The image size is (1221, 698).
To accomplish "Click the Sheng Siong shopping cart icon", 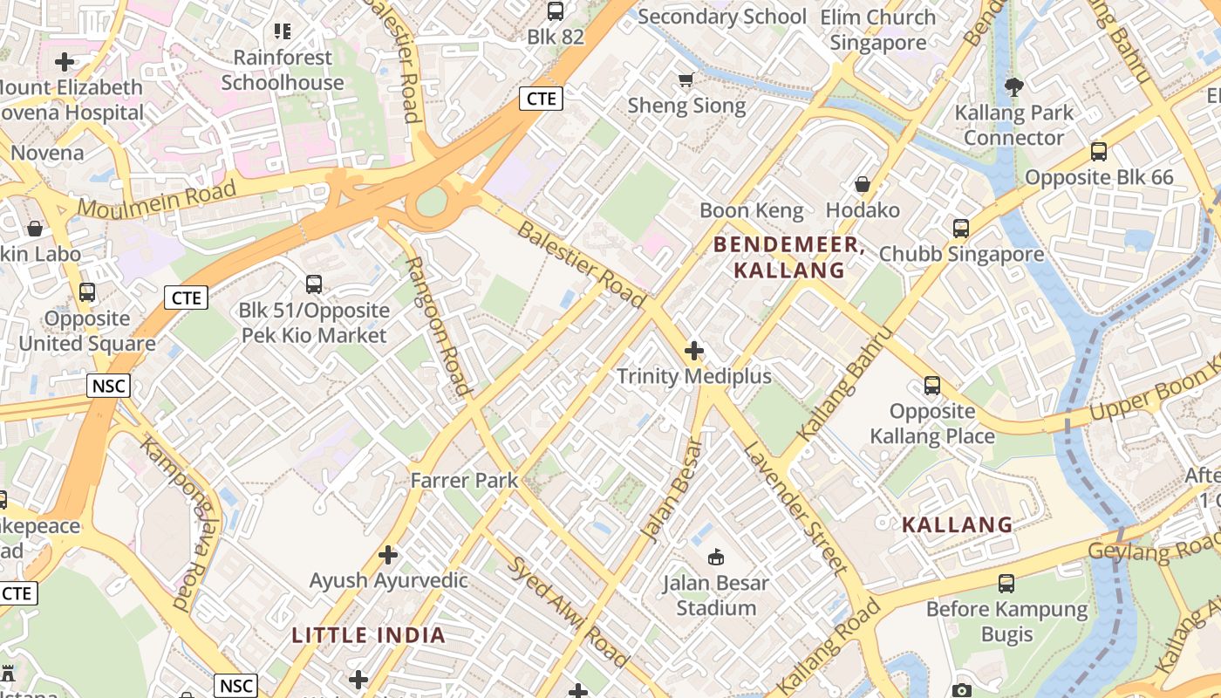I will click(x=686, y=80).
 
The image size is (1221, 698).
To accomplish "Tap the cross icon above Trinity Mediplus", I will click(x=694, y=351).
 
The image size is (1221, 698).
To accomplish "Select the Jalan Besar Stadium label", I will click(x=716, y=595).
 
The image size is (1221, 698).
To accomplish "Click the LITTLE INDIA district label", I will click(x=369, y=635).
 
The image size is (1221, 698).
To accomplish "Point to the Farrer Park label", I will click(x=464, y=480).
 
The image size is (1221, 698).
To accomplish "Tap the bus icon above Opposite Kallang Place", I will click(x=932, y=385).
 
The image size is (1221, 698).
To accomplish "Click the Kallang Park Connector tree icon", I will click(x=1013, y=86).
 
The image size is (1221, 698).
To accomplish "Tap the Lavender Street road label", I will click(x=795, y=509).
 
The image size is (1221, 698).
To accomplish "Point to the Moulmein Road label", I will click(x=157, y=199).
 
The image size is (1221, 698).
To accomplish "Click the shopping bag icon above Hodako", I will click(x=863, y=184).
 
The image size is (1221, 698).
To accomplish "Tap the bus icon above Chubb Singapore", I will click(x=961, y=229).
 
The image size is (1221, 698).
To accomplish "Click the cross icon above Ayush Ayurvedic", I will click(x=388, y=554).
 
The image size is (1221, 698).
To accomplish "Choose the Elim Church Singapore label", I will click(x=877, y=30).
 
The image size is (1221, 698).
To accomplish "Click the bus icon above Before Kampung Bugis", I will click(x=1006, y=584).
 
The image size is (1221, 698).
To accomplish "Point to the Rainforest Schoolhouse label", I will click(x=283, y=70).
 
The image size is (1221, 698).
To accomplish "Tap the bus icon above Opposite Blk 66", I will click(x=1099, y=152).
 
